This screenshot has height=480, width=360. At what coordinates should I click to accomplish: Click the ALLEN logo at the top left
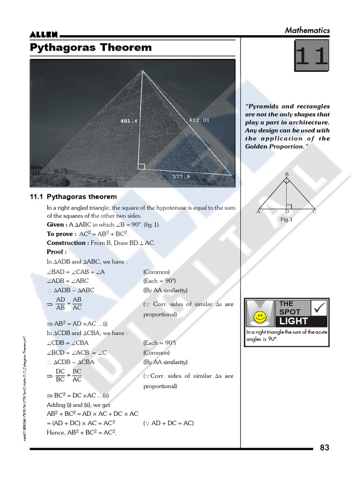pos(44,35)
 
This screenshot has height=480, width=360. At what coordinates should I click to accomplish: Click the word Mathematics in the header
pos(307,30)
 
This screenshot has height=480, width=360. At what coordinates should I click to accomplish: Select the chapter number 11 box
pos(311,56)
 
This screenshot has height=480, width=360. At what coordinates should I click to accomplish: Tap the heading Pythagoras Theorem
pos(91,47)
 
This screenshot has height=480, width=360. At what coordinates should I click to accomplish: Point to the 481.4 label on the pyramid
pos(129,121)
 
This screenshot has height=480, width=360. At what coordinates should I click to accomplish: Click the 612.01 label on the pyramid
pos(199,120)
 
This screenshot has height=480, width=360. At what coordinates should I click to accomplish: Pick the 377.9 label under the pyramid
pos(181,177)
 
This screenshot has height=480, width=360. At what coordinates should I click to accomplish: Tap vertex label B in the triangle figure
pos(287,175)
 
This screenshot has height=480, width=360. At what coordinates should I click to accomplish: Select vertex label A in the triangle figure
pos(258,212)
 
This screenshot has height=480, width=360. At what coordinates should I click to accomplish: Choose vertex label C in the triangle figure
pos(315,212)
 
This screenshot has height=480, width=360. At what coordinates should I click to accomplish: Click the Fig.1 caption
pos(286,219)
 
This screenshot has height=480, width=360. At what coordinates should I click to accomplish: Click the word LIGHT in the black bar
pos(293,322)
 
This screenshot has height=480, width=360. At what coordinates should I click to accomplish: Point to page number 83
pos(324,448)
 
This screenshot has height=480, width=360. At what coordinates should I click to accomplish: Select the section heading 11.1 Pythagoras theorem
pos(73,196)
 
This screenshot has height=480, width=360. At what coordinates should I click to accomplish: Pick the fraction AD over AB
pos(60,304)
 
